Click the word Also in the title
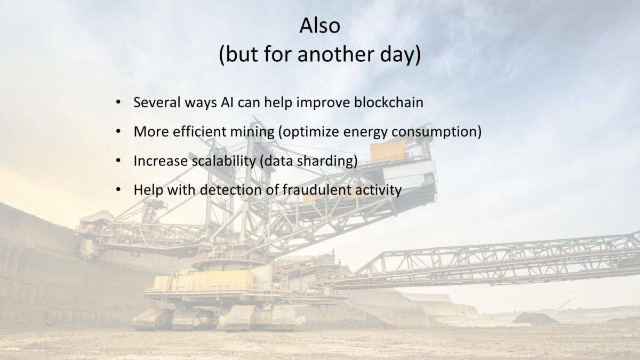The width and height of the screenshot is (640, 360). click(319, 26)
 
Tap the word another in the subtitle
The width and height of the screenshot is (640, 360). click(336, 54)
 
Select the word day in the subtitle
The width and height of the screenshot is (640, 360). click(397, 55)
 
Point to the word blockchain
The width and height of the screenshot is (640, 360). click(389, 102)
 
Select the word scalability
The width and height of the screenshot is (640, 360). click(223, 162)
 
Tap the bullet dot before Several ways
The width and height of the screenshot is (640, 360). click(118, 102)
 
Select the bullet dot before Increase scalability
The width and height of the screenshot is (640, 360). click(118, 161)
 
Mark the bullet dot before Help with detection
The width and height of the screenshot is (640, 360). click(118, 189)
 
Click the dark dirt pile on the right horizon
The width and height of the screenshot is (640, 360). click(534, 318)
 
